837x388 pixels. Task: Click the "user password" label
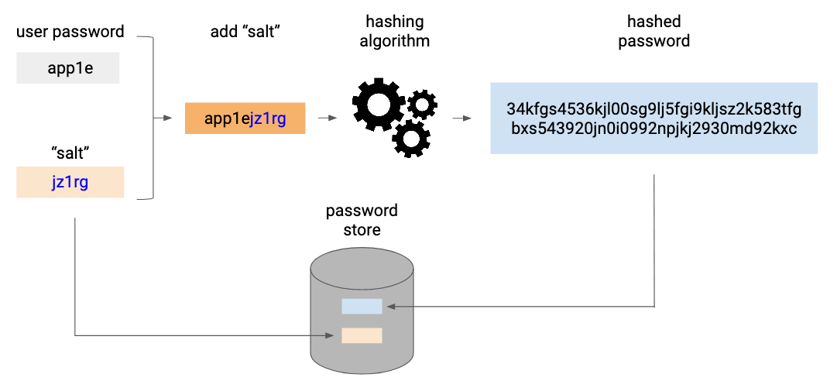click(x=70, y=32)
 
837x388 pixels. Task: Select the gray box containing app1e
click(x=68, y=68)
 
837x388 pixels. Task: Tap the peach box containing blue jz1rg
click(x=70, y=183)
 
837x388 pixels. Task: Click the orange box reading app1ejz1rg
click(x=245, y=118)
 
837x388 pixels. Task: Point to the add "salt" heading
click(x=245, y=32)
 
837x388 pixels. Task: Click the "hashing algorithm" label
click(x=394, y=32)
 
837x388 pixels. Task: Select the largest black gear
click(x=379, y=104)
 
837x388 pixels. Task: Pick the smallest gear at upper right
click(x=422, y=105)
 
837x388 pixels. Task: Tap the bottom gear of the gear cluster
click(x=412, y=138)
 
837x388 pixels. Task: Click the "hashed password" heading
click(x=654, y=32)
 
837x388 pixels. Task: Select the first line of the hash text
click(x=654, y=109)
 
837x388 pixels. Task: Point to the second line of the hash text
click(x=654, y=129)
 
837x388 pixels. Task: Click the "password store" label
click(x=362, y=220)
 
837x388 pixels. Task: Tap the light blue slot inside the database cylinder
click(x=362, y=307)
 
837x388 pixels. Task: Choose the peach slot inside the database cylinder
click(x=362, y=335)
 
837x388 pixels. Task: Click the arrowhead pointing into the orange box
click(x=169, y=118)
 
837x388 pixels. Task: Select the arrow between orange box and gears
click(x=328, y=118)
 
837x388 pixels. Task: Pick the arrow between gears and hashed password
click(x=462, y=118)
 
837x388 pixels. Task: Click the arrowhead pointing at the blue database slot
click(x=391, y=307)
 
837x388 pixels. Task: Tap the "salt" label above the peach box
click(x=70, y=153)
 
